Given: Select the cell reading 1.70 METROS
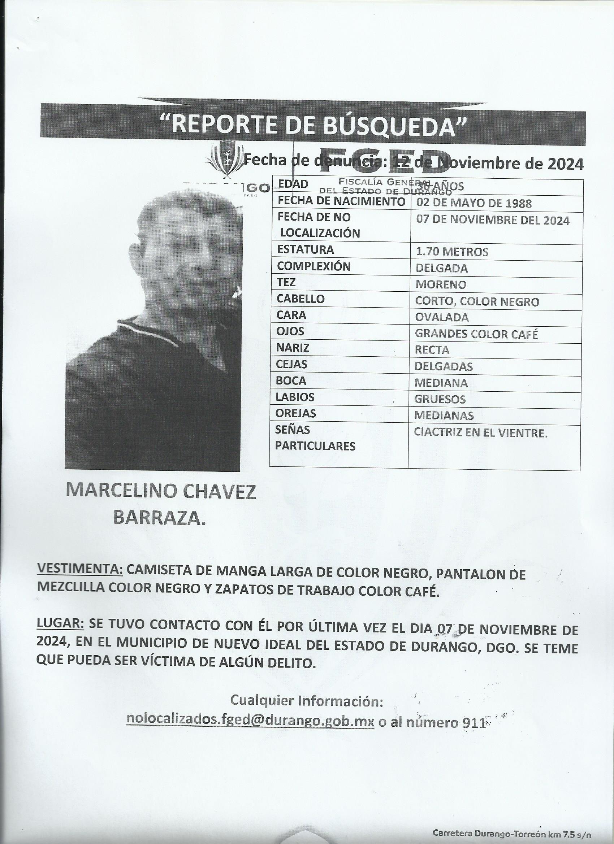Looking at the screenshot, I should point(452,252).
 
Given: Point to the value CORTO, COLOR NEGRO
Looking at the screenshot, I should point(477,301).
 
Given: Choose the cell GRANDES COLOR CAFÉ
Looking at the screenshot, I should point(476,334).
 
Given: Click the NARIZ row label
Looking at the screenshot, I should point(293,348).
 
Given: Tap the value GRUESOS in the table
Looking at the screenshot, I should point(440,399).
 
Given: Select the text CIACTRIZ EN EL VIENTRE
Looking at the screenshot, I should point(480,433).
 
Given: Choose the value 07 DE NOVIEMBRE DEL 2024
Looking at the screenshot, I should point(492,220).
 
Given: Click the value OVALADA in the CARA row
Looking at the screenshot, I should point(442,317).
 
